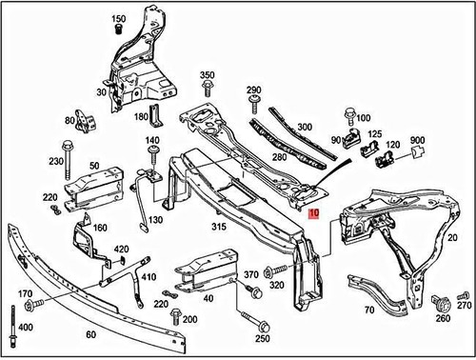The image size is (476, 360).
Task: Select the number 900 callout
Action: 417,140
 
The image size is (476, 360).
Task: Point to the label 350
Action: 208,75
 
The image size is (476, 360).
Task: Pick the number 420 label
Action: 121,250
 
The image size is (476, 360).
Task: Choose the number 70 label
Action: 369,310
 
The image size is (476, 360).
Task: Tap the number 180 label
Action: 141,117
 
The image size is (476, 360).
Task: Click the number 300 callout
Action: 304,127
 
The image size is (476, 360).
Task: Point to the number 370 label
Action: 251,275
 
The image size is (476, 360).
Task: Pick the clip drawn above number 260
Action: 441,305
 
